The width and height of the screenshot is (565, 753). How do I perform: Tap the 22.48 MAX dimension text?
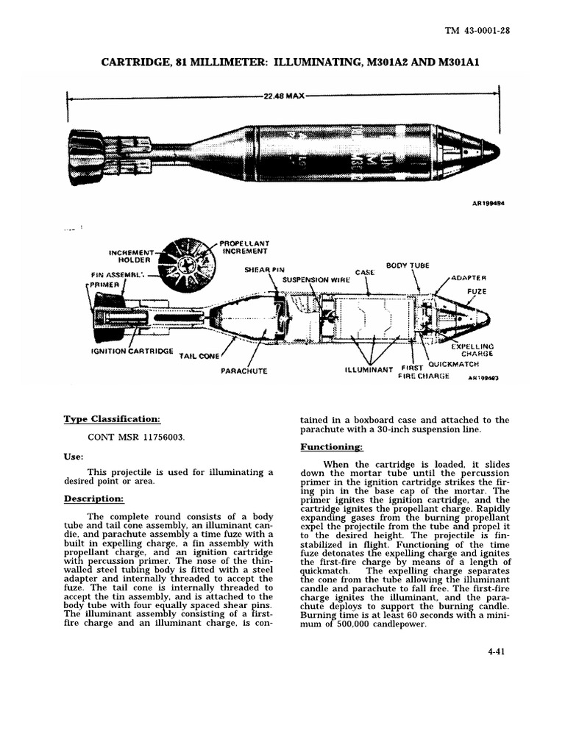[x=284, y=96]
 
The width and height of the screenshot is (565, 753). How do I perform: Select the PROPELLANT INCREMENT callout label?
[x=244, y=246]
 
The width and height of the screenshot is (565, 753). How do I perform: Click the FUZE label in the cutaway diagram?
[x=477, y=292]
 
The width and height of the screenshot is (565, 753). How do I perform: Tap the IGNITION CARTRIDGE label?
[x=132, y=351]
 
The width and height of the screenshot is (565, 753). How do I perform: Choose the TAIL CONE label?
[x=199, y=356]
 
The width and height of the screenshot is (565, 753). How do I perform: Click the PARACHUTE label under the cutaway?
[x=244, y=371]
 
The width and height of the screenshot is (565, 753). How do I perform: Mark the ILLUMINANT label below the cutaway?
[x=370, y=370]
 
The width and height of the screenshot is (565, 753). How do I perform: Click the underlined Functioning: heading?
[x=331, y=447]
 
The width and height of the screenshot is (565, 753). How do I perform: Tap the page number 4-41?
[x=497, y=650]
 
